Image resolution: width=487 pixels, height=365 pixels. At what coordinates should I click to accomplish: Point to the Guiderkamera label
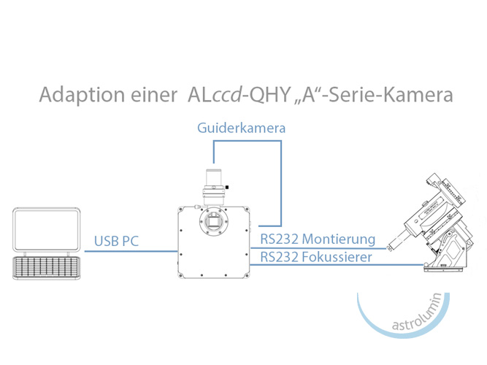(x=240, y=128)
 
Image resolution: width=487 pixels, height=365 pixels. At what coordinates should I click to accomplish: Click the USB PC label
(x=116, y=241)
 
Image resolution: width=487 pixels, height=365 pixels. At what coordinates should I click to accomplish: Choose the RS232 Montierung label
(x=318, y=239)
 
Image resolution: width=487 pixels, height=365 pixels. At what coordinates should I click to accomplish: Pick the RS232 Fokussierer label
(x=315, y=256)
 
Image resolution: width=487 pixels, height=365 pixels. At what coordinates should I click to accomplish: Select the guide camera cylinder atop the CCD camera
(x=215, y=182)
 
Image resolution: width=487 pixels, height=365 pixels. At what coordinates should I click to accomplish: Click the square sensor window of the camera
(x=215, y=223)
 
